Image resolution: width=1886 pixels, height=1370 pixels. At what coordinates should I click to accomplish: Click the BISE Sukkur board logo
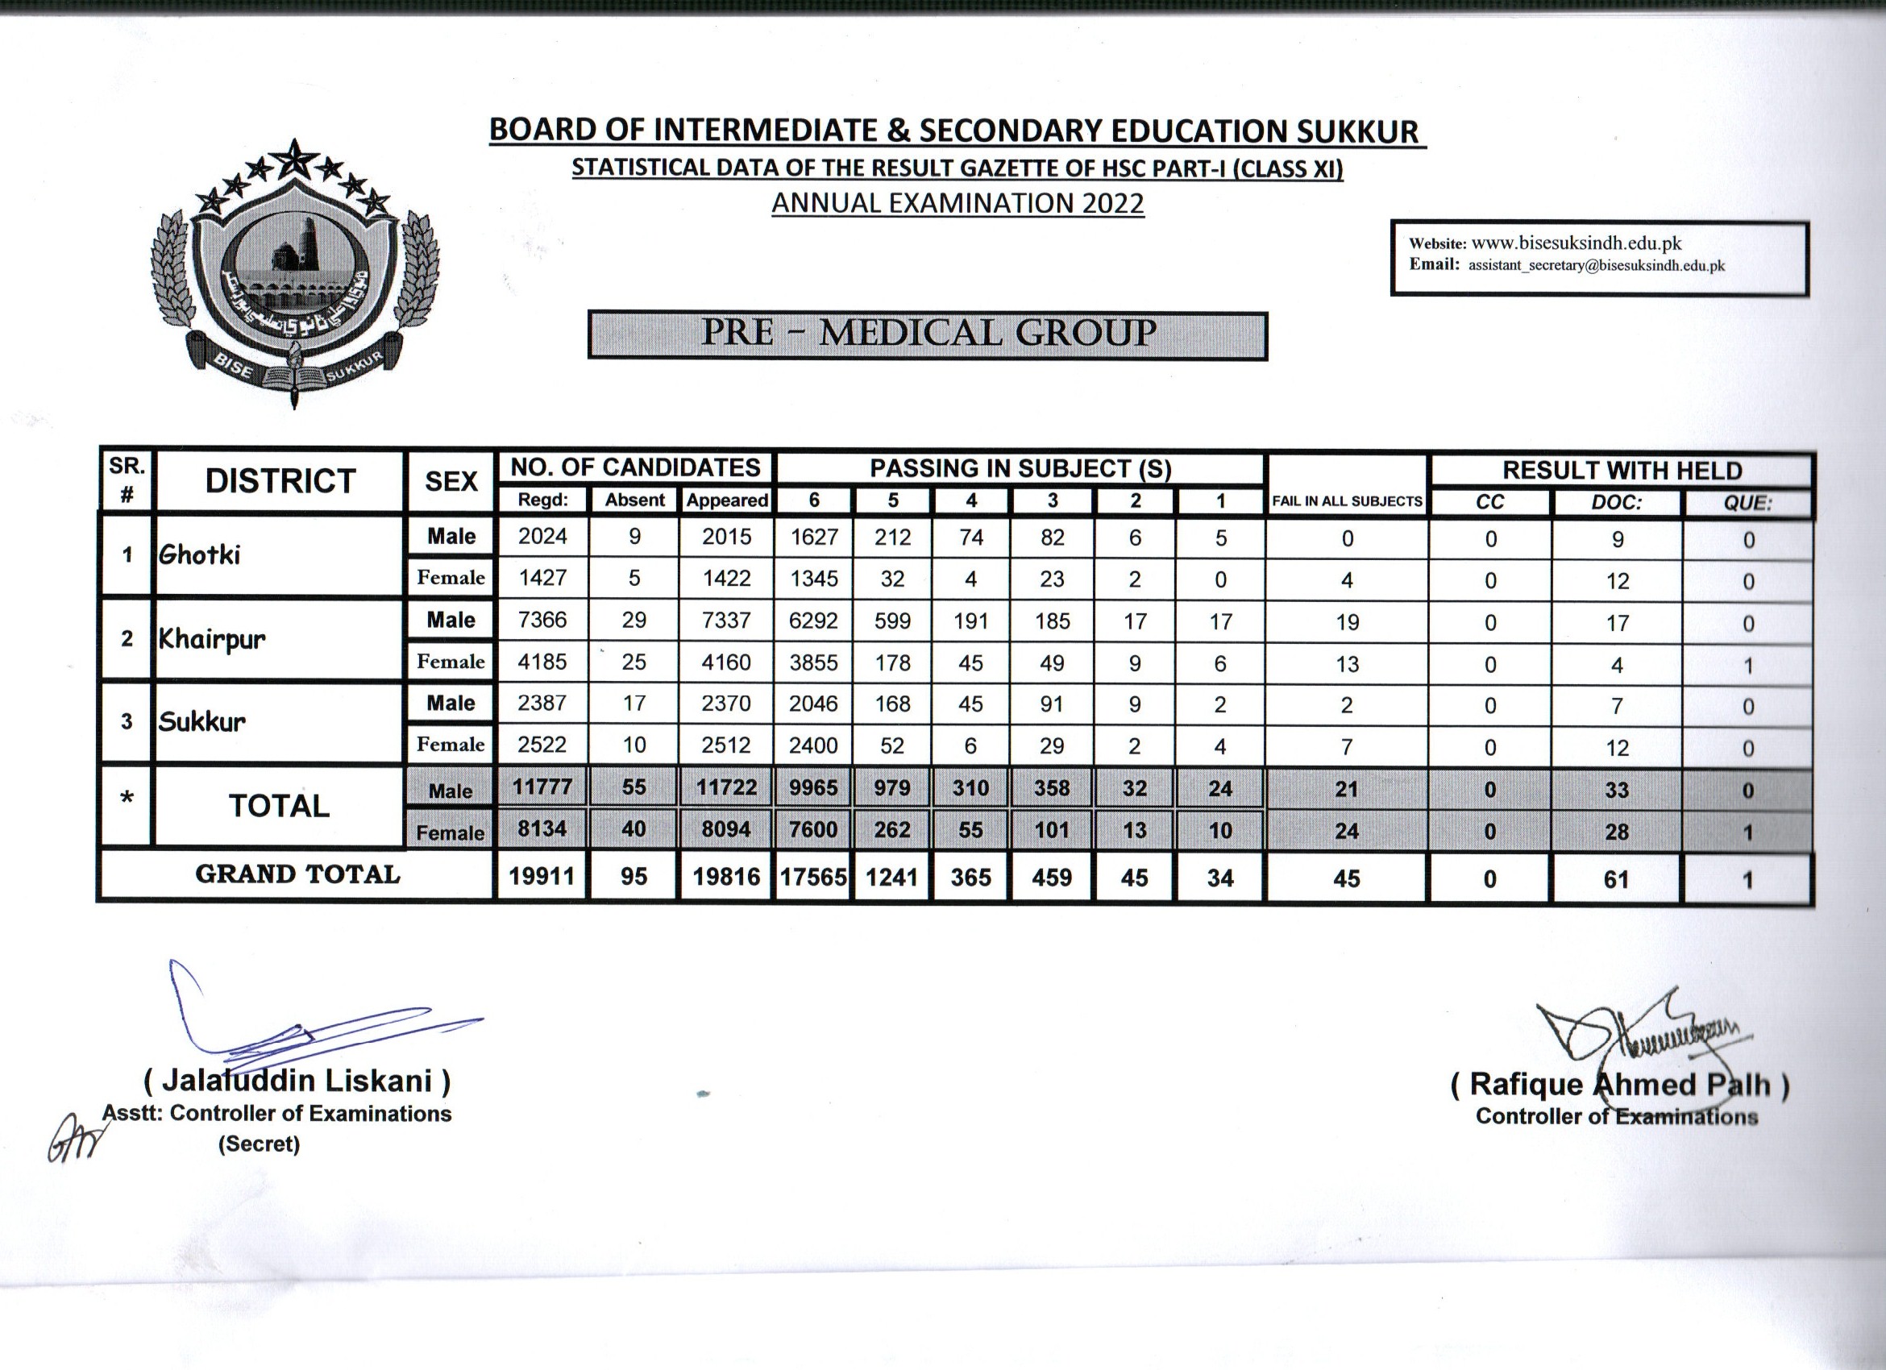(294, 274)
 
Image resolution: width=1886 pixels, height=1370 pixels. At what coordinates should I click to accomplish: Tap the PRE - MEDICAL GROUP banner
(927, 334)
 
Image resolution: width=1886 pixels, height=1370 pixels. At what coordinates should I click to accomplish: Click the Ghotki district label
(200, 554)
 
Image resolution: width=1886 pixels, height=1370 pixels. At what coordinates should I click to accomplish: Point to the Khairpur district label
(212, 639)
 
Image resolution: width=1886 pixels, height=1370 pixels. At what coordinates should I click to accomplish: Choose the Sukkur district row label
(202, 720)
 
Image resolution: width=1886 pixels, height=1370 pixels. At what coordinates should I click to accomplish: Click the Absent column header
(634, 500)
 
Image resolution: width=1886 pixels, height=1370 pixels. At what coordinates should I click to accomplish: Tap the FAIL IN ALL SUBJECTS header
(1347, 501)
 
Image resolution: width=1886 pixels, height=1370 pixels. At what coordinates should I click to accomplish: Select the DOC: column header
(1617, 503)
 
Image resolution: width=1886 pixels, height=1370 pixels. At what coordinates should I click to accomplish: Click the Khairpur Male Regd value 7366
(542, 621)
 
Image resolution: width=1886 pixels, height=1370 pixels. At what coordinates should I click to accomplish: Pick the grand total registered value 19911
(542, 877)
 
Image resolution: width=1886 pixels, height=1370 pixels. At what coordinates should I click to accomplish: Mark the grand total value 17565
(813, 878)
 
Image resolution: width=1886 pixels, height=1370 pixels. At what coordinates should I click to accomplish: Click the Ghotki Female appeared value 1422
(726, 579)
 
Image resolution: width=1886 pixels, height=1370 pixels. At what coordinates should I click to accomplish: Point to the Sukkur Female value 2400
(813, 745)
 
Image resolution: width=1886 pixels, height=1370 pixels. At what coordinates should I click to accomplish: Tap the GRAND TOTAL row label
(297, 874)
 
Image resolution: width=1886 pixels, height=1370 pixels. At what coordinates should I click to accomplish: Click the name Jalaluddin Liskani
(297, 1081)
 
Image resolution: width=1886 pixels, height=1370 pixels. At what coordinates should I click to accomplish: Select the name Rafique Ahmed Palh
(1620, 1085)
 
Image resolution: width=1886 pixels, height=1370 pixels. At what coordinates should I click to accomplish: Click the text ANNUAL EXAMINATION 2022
(958, 204)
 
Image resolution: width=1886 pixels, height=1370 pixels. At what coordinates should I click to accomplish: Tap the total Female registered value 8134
(542, 828)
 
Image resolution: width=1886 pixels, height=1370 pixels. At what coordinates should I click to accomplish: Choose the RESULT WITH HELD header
(1622, 471)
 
